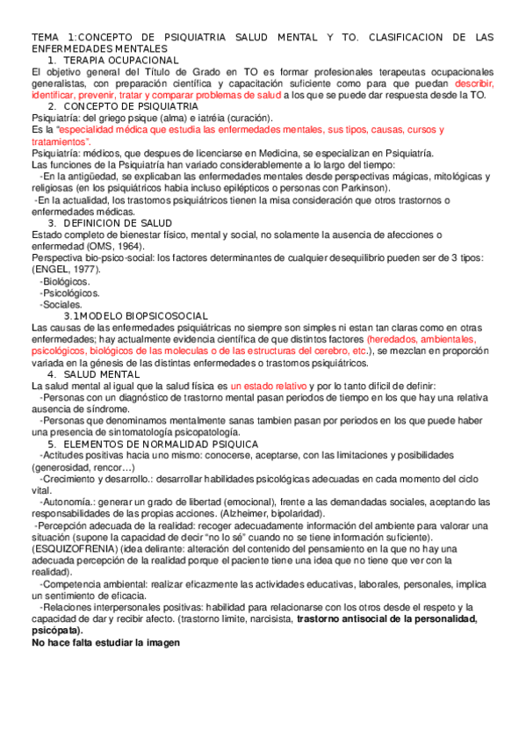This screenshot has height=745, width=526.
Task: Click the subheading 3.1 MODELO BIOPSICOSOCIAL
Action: [135, 315]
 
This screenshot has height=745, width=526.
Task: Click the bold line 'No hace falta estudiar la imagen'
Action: [104, 642]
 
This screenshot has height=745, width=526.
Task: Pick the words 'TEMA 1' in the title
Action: [52, 38]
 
